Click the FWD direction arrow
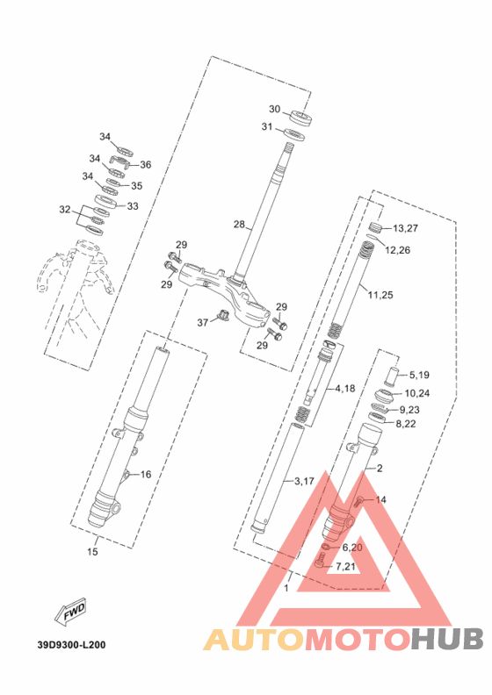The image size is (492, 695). click(70, 613)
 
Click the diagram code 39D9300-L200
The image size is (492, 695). click(71, 644)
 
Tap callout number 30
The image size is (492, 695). click(275, 109)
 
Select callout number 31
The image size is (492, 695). click(266, 126)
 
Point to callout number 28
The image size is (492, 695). click(239, 225)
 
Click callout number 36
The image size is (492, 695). click(146, 164)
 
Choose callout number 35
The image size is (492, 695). click(137, 186)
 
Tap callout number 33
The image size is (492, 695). click(133, 206)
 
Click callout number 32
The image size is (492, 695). click(65, 209)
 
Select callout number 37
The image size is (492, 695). click(203, 323)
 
